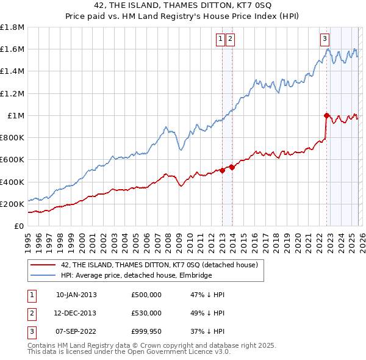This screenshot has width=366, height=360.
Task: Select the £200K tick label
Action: pos(12,204)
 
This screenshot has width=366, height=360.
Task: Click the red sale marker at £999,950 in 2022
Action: pos(327,115)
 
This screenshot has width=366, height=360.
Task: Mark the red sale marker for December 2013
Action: pos(232,167)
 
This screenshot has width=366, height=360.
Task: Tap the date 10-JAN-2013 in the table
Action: pos(76,295)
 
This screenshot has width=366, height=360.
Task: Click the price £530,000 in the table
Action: pos(146,313)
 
